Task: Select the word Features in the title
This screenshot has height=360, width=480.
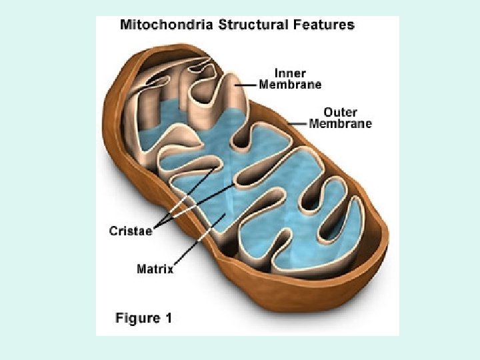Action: click(325, 25)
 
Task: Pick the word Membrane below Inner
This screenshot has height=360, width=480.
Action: click(290, 85)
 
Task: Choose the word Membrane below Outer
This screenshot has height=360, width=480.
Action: click(341, 123)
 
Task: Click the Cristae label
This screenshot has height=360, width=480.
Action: click(131, 231)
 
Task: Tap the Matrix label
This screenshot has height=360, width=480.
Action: click(155, 269)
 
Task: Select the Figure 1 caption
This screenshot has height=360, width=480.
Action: click(144, 318)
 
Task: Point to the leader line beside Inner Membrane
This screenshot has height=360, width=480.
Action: click(248, 85)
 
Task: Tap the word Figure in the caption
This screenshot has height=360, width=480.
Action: click(137, 318)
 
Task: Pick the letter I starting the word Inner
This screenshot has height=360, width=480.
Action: click(276, 73)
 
